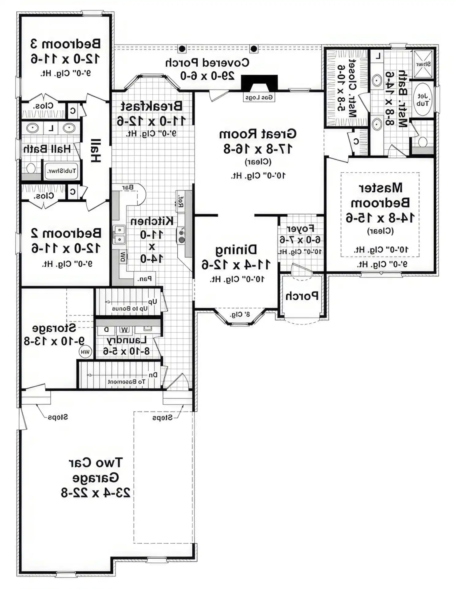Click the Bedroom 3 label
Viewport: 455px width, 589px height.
[65, 44]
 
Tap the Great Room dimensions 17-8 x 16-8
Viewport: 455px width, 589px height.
[258, 149]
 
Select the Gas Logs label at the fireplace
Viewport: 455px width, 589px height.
[259, 98]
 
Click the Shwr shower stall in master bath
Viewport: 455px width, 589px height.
[423, 64]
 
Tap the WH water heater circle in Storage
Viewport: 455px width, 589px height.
[85, 352]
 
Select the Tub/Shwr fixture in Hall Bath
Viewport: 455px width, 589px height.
[61, 171]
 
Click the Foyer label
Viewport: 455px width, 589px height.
[300, 229]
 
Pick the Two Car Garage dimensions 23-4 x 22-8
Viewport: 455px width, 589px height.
[96, 493]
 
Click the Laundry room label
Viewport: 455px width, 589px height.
[127, 340]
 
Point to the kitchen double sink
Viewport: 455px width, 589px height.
[119, 234]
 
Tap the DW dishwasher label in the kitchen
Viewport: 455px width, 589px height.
[123, 257]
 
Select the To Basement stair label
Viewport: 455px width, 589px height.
[126, 382]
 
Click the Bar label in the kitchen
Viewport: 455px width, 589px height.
[128, 187]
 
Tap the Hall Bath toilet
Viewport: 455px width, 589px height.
[31, 168]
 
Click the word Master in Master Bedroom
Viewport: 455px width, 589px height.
[380, 188]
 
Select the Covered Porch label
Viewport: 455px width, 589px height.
[207, 62]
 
